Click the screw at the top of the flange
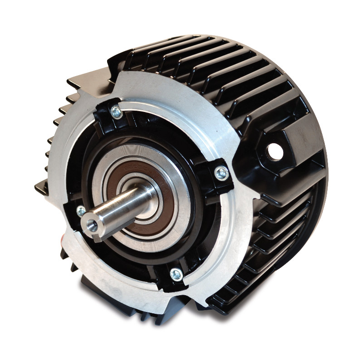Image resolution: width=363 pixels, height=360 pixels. pos(117,112)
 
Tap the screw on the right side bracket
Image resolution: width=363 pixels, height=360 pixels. pos(221,172)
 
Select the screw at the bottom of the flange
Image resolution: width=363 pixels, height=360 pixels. pos(176,274)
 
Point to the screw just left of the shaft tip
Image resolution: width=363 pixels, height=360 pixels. pos(81,211)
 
